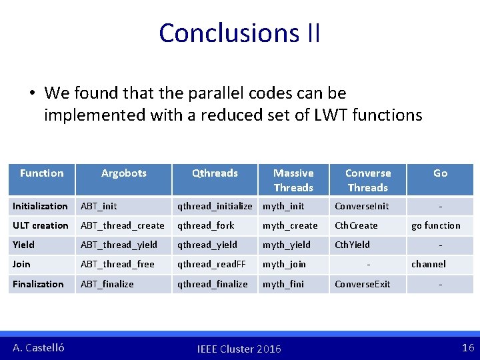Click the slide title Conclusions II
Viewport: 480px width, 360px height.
click(239, 33)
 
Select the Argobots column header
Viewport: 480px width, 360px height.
click(123, 173)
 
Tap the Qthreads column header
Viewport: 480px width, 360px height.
click(215, 173)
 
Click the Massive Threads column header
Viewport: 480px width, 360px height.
click(293, 180)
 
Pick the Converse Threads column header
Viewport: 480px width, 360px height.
click(368, 180)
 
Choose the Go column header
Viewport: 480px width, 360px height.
click(440, 173)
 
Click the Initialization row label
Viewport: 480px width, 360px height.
click(40, 206)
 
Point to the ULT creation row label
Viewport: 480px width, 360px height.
click(41, 225)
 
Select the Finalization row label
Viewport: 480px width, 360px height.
click(38, 284)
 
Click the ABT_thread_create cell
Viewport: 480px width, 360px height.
click(123, 225)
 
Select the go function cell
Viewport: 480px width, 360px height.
click(436, 225)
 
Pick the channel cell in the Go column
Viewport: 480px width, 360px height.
click(429, 264)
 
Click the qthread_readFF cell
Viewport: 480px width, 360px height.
click(211, 264)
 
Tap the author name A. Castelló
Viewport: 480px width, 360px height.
click(39, 347)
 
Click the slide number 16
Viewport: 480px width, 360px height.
click(467, 347)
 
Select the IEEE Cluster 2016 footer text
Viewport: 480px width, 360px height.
click(239, 349)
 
